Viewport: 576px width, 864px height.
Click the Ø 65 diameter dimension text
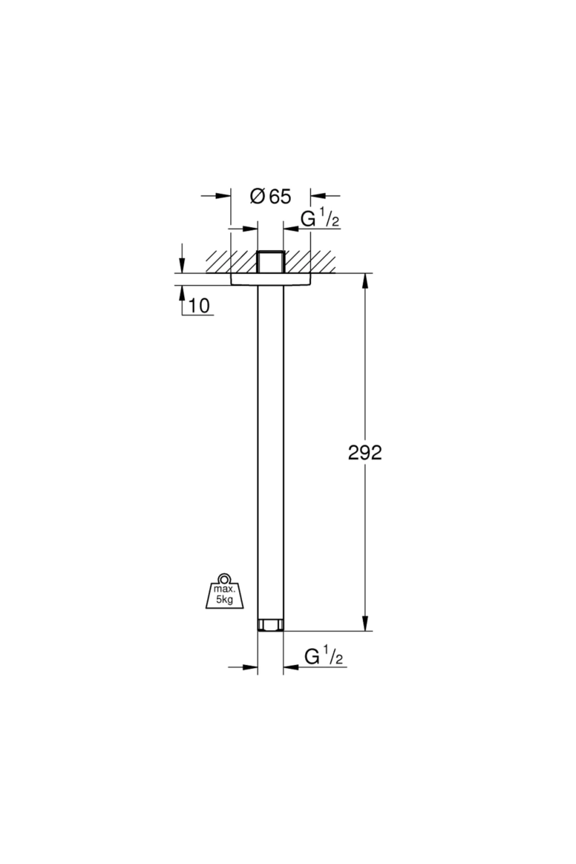(x=271, y=196)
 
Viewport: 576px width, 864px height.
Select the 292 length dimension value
(x=365, y=453)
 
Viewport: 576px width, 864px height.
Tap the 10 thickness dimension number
(x=199, y=306)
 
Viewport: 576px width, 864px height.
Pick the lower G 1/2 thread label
(x=324, y=656)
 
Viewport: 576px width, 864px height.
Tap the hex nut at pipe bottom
(x=271, y=625)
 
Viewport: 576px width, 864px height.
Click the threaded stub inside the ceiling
(x=271, y=262)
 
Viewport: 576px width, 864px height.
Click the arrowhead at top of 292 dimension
(x=366, y=281)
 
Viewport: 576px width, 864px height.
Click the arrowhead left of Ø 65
(x=223, y=196)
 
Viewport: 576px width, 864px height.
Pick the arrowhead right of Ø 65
(x=318, y=196)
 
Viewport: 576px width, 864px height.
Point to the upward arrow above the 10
(x=182, y=294)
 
